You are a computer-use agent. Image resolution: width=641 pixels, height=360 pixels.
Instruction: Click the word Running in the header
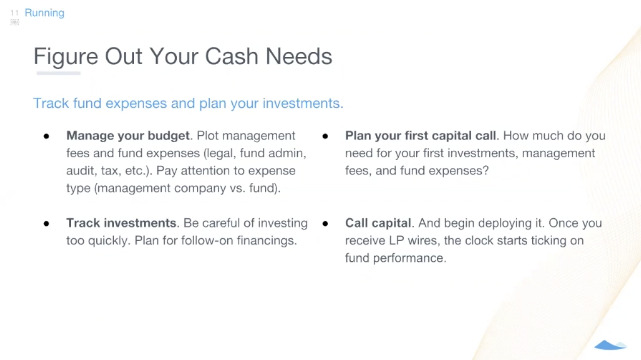[x=45, y=13]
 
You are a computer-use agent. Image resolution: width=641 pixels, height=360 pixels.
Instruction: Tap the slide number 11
[x=14, y=13]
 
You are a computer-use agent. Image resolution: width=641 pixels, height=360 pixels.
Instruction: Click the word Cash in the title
[x=231, y=56]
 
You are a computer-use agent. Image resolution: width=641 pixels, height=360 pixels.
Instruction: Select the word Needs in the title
[x=299, y=56]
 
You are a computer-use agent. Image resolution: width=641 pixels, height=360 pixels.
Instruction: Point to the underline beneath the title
[x=58, y=73]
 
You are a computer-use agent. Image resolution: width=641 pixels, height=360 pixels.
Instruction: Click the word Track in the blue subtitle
[x=51, y=103]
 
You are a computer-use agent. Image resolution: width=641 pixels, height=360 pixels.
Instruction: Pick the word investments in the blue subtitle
[x=303, y=103]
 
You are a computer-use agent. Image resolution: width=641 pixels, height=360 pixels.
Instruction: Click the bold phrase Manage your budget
[x=128, y=136]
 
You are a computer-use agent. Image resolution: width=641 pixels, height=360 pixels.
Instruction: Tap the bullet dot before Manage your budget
[x=46, y=136]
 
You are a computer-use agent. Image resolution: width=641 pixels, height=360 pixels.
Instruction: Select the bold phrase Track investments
[x=121, y=223]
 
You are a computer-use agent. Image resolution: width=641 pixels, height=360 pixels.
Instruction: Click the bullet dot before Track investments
[x=46, y=224]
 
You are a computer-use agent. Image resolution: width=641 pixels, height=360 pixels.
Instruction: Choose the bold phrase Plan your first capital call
[x=420, y=136]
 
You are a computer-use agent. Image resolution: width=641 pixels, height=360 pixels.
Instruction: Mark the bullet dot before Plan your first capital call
[x=325, y=136]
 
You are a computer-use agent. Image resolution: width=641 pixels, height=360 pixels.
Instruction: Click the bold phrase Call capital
[x=378, y=223]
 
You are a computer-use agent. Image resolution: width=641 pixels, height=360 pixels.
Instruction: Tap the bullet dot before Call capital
[x=325, y=224]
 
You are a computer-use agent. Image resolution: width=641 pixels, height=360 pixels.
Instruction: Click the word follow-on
[x=207, y=241]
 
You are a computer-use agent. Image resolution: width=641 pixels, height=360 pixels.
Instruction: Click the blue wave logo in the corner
[x=610, y=345]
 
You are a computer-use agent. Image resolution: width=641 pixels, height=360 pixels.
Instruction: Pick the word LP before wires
[x=396, y=241]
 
